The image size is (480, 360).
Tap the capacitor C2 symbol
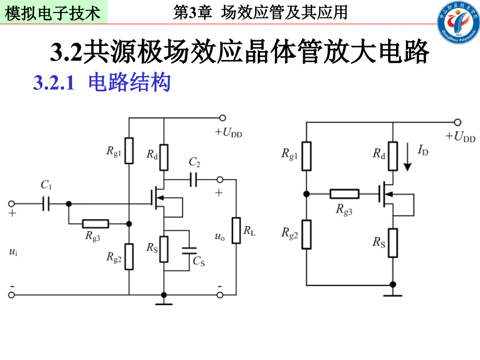[194, 180]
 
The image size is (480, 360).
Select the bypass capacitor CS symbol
[190, 250]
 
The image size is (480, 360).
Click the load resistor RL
[236, 231]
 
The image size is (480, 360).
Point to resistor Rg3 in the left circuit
[95, 224]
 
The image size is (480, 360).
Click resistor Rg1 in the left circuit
[129, 150]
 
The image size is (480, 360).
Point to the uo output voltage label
[220, 236]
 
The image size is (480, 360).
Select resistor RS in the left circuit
[164, 249]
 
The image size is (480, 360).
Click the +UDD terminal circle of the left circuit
[223, 118]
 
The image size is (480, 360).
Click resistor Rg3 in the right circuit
[344, 194]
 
